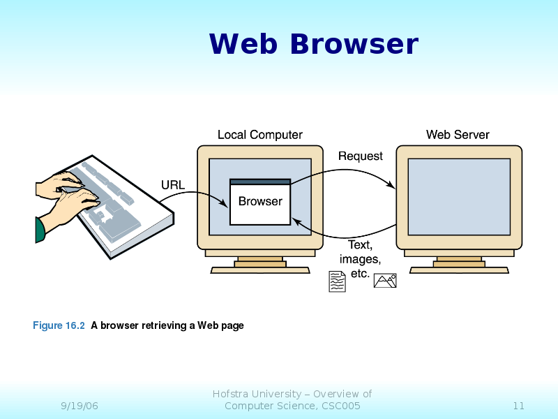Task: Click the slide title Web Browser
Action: (x=313, y=44)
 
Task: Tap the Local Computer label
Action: (x=259, y=135)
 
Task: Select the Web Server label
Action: (x=458, y=135)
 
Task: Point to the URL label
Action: (x=173, y=185)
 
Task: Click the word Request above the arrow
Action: (x=360, y=156)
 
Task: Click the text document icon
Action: (x=337, y=281)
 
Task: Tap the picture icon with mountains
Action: (x=385, y=280)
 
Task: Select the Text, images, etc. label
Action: (x=360, y=258)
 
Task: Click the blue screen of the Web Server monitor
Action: (x=458, y=196)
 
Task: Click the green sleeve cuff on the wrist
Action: (x=40, y=230)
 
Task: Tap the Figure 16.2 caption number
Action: (x=59, y=325)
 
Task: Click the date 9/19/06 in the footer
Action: (x=79, y=406)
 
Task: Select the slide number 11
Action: (x=518, y=406)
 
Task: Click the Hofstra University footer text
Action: (x=292, y=399)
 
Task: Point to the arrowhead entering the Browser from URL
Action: (x=224, y=204)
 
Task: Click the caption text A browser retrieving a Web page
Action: (x=167, y=325)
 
